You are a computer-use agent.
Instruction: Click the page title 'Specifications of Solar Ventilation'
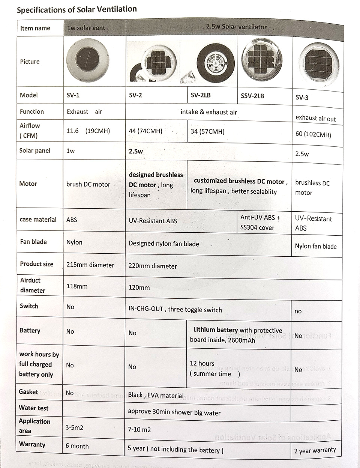tap(77, 9)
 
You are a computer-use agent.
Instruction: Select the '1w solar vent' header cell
tap(86, 28)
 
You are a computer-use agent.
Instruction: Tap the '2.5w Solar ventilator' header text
tap(236, 27)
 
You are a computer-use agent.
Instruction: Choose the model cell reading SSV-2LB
tap(252, 96)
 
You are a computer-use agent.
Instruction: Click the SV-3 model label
tap(302, 98)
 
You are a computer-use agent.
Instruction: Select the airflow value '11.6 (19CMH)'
tap(88, 131)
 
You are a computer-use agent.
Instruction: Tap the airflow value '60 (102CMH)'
tap(313, 134)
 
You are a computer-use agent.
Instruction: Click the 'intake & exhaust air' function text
tap(208, 112)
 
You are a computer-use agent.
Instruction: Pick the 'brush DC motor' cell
tap(88, 184)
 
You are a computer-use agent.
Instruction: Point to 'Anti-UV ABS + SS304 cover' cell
tap(260, 222)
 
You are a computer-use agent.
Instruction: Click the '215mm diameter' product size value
tap(90, 265)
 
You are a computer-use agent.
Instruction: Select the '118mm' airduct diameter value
tap(77, 286)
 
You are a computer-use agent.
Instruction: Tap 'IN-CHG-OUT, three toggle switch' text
tap(175, 310)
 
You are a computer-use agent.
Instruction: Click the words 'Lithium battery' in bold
tap(215, 330)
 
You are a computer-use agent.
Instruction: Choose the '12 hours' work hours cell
tap(202, 363)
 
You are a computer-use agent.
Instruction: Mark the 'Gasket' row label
tap(28, 392)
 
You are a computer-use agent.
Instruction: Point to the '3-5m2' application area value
tap(75, 427)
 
